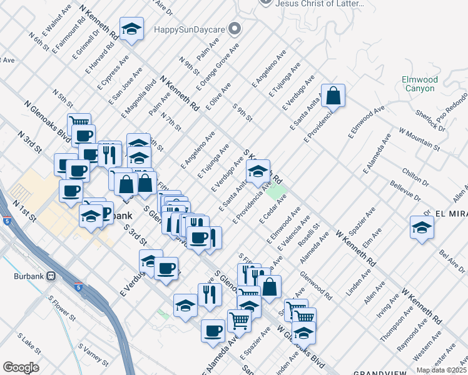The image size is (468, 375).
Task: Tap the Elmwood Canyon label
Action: (x=419, y=84)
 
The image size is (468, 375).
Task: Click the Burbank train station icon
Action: (x=51, y=276)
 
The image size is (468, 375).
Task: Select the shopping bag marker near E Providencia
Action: (x=333, y=96)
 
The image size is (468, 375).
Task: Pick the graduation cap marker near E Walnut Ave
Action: (x=131, y=29)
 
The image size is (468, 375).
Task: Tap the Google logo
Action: (x=21, y=367)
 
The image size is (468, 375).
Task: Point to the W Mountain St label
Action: (x=419, y=139)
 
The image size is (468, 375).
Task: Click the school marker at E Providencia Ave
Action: (x=257, y=172)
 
